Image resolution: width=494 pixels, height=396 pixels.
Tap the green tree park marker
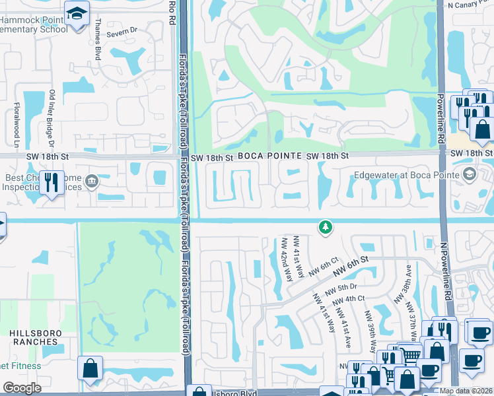coord(324,227)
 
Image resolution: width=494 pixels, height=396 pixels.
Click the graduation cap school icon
coord(77,13)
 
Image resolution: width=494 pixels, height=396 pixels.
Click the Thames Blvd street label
coord(98,45)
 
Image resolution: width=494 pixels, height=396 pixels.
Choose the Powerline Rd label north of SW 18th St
coord(439,118)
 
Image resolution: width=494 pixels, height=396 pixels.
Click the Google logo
coord(22,388)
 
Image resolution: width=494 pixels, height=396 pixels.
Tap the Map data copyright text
coord(465,391)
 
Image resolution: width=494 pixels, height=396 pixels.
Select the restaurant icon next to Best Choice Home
coord(52,181)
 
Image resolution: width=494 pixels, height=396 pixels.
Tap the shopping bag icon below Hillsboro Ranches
coord(90,367)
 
